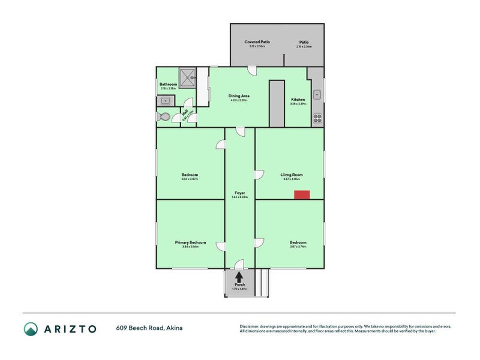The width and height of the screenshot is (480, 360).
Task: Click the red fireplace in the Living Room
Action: point(302,194)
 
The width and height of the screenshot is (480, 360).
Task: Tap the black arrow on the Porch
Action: point(239,277)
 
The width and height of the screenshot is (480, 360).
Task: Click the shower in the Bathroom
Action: point(189,76)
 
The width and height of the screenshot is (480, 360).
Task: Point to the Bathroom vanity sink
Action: point(165,101)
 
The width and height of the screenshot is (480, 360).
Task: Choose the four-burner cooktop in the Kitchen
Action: point(317,118)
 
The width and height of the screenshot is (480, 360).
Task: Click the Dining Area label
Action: point(239,96)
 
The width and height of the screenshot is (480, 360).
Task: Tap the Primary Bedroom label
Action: point(190,242)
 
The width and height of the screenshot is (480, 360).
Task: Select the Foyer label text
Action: point(239,193)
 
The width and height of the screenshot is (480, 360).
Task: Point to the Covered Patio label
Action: point(257,42)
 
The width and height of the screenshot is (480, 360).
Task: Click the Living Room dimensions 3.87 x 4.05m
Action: point(292,179)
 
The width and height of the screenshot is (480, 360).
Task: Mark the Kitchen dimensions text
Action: point(298,104)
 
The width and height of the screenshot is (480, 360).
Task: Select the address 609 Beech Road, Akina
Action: point(149,328)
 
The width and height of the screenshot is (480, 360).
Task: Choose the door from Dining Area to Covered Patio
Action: point(253,70)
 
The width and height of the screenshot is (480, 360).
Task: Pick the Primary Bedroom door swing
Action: point(221,246)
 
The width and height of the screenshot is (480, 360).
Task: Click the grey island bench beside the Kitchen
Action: point(277,103)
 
